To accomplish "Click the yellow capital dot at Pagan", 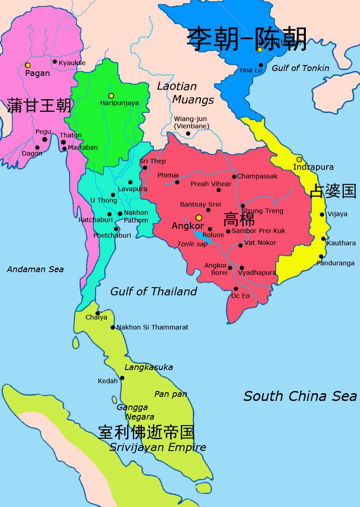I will pyautogui.click(x=28, y=66).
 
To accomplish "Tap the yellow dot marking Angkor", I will pyautogui.click(x=198, y=218).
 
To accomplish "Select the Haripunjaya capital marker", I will pyautogui.click(x=111, y=96).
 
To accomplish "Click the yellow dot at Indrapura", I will pyautogui.click(x=299, y=159).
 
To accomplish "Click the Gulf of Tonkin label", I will pyautogui.click(x=300, y=68).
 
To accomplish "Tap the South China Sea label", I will pyautogui.click(x=300, y=396).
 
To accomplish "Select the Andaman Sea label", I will pyautogui.click(x=35, y=269).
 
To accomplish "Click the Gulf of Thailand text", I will pyautogui.click(x=153, y=291).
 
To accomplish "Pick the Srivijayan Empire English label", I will pyautogui.click(x=157, y=447).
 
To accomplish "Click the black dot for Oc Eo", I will pyautogui.click(x=236, y=289).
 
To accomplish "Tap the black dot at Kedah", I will pyautogui.click(x=122, y=378).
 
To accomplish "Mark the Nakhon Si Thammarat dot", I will pyautogui.click(x=112, y=327).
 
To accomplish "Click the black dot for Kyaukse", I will pyautogui.click(x=55, y=61).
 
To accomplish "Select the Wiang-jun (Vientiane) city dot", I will pyautogui.click(x=188, y=134).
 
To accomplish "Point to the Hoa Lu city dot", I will pyautogui.click(x=261, y=65).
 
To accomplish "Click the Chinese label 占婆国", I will pyautogui.click(x=333, y=191).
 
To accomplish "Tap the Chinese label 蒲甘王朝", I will pyautogui.click(x=39, y=106).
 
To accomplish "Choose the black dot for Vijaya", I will pyautogui.click(x=322, y=214).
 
